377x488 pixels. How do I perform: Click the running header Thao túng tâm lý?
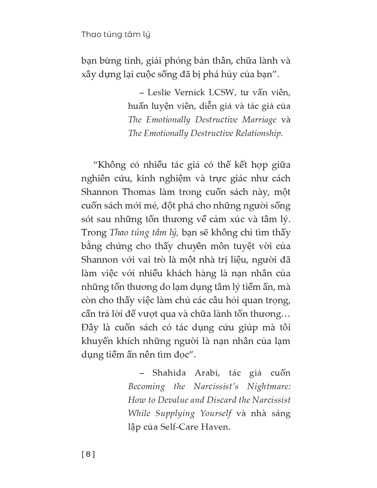pos(116,35)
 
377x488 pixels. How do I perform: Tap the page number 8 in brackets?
pos(88,454)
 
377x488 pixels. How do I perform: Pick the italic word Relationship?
pos(259,133)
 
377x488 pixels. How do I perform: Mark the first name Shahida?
pos(169,373)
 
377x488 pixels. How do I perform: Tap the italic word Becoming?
pos(146,387)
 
